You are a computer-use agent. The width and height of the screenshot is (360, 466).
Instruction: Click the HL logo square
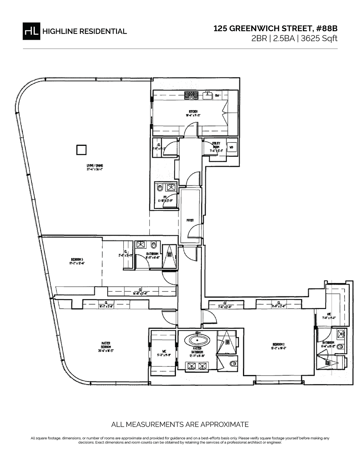[31, 31]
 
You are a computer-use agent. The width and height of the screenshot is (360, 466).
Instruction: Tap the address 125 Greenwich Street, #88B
[275, 29]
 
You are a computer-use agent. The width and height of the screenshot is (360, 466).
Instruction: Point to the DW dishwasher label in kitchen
[217, 96]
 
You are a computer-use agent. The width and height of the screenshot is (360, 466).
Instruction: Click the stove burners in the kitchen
[191, 95]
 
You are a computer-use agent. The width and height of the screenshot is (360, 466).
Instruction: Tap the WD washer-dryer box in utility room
[231, 147]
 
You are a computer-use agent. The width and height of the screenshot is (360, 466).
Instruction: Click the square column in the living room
[81, 150]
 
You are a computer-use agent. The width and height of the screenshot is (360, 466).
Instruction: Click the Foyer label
[190, 220]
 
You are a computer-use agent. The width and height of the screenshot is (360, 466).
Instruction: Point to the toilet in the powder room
[160, 188]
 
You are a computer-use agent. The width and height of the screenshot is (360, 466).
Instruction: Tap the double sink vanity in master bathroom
[197, 365]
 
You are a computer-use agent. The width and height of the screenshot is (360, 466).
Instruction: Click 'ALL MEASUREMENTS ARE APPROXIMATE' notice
[180, 424]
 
